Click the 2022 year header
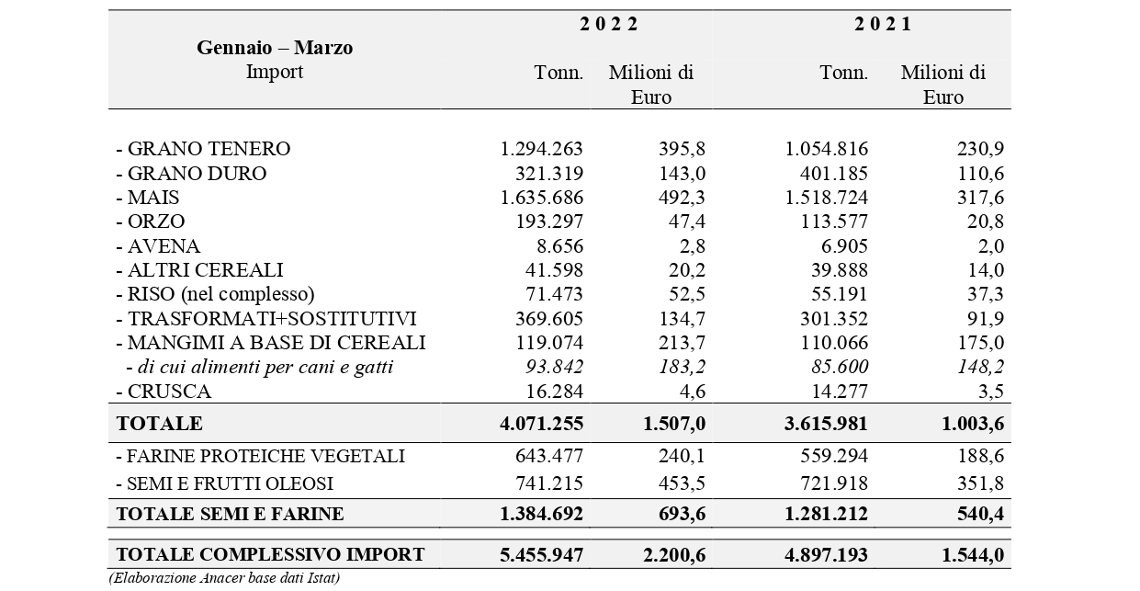click(608, 25)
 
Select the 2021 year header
click(883, 25)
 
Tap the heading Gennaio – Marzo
click(275, 48)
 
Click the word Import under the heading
click(275, 72)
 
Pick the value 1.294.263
click(541, 149)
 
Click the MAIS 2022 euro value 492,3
click(682, 198)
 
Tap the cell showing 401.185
click(833, 174)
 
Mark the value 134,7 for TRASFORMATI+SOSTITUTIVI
click(682, 319)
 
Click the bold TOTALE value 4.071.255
click(541, 424)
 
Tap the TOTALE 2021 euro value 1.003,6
click(973, 424)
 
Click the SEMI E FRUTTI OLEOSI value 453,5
click(682, 483)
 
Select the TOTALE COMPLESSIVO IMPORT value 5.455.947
click(541, 554)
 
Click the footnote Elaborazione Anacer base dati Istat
click(224, 578)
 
